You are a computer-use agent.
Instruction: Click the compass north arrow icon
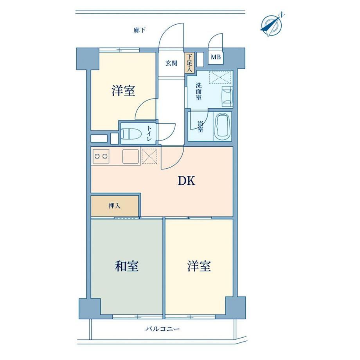click(x=272, y=25)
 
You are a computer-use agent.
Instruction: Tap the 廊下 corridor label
click(x=140, y=30)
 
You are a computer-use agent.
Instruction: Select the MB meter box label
click(x=216, y=57)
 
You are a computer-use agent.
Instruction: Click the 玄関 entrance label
click(x=171, y=63)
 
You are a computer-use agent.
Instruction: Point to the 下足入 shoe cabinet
click(x=190, y=63)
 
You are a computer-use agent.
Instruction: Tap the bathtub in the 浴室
click(x=222, y=126)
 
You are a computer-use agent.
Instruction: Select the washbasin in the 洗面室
click(x=227, y=97)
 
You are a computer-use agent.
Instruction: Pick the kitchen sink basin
click(x=131, y=157)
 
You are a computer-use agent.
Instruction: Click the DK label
click(x=186, y=181)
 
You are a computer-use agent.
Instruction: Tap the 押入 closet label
click(x=114, y=206)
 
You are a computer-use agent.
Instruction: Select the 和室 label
click(x=126, y=266)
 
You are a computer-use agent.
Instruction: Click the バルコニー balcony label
click(x=162, y=329)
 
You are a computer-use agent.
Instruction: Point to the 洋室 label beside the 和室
click(x=199, y=266)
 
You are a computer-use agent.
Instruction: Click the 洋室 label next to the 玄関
click(x=123, y=90)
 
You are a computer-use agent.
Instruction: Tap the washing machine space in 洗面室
click(x=220, y=77)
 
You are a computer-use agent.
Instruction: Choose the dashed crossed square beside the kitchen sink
click(x=149, y=156)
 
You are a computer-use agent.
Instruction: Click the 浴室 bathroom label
click(x=200, y=126)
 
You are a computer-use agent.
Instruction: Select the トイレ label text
click(x=149, y=133)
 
